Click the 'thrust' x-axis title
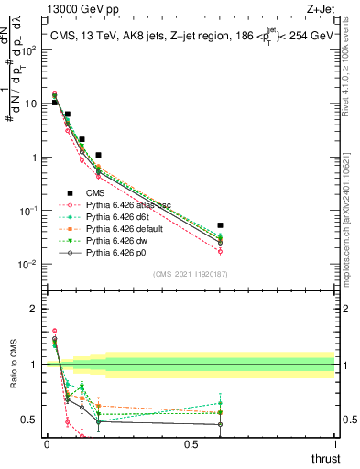(324, 458)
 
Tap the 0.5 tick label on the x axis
(191, 444)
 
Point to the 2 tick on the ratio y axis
(35, 309)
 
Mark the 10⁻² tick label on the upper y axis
(30, 265)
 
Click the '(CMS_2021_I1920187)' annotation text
(191, 272)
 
